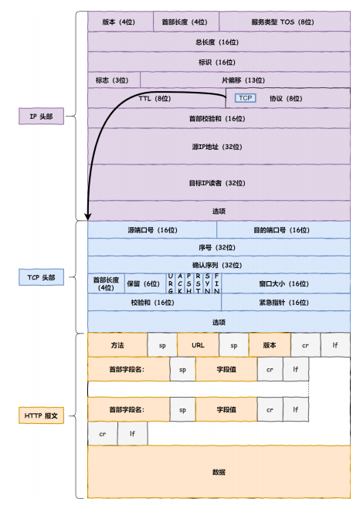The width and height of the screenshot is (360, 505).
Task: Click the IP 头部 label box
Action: [43, 117]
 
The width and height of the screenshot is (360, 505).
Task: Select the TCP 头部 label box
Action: [43, 276]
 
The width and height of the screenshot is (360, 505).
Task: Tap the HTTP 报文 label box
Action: [43, 416]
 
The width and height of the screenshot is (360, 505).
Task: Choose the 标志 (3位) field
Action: [114, 80]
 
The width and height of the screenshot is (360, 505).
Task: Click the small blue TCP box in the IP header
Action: [245, 98]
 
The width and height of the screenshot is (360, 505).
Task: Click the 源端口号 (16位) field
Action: [152, 229]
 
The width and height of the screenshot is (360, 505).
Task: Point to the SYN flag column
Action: [207, 283]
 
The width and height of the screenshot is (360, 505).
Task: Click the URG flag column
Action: [170, 283]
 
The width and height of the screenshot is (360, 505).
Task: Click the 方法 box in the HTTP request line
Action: [117, 344]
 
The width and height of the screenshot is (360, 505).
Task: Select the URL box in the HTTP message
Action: [198, 344]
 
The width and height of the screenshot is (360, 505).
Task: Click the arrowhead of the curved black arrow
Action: [88, 217]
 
